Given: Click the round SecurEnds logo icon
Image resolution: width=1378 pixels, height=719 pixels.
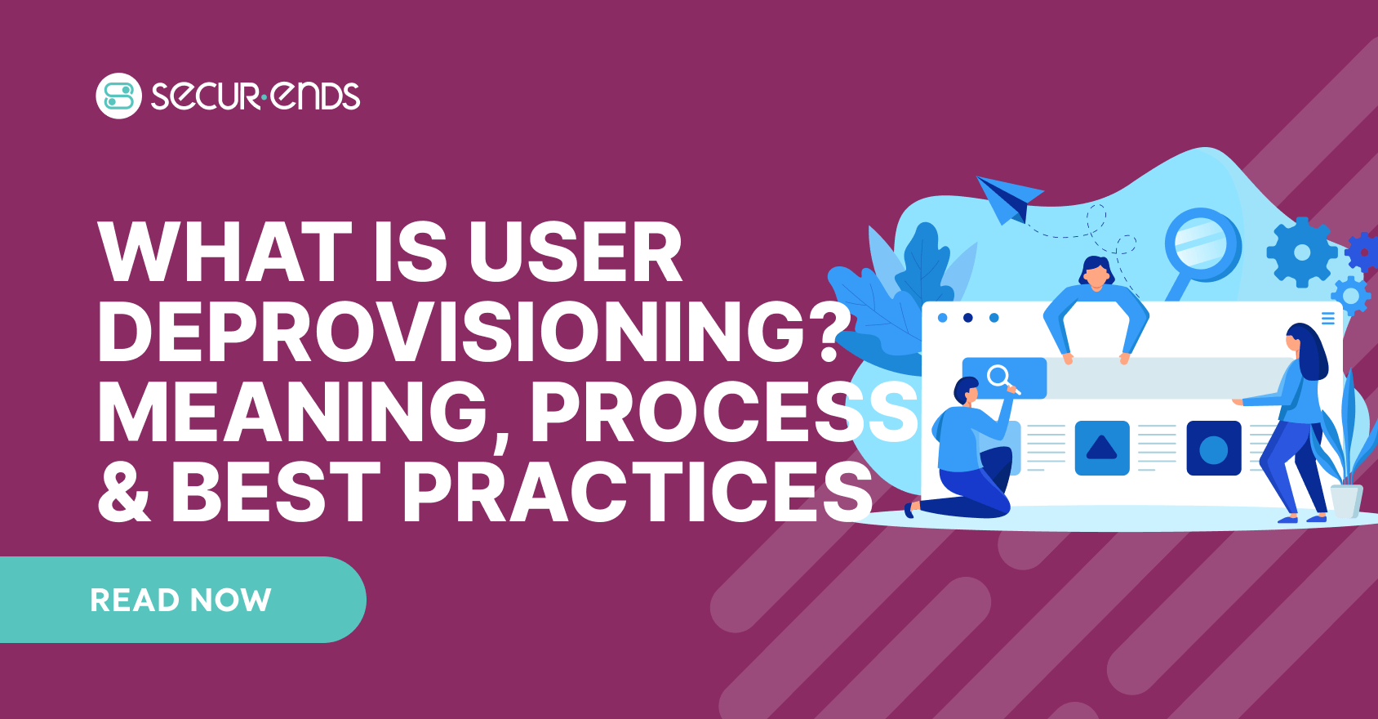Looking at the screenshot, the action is click(118, 96).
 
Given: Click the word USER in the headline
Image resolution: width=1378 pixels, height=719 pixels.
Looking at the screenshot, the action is click(576, 252).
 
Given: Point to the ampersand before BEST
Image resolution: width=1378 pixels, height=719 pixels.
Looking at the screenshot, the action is click(123, 491).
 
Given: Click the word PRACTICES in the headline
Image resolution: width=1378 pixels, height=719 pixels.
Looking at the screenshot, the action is click(638, 491).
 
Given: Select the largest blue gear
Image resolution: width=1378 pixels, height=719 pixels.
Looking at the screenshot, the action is click(1302, 252).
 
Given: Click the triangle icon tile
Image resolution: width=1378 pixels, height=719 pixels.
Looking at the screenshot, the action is click(1102, 448).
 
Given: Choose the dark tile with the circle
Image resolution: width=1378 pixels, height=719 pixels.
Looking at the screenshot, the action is click(1214, 448).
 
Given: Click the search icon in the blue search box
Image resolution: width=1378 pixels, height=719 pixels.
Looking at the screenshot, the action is click(1002, 378).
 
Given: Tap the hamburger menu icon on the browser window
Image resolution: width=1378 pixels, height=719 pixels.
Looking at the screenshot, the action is click(1328, 319).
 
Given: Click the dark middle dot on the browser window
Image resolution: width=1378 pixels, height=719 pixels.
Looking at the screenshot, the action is click(967, 318).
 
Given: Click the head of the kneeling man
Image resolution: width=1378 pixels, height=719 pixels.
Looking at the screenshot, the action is click(967, 391).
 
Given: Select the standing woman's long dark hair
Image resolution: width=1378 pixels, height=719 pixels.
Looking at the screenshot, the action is click(1309, 350).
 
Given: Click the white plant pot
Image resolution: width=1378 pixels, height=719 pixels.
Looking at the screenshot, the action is click(1347, 501).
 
